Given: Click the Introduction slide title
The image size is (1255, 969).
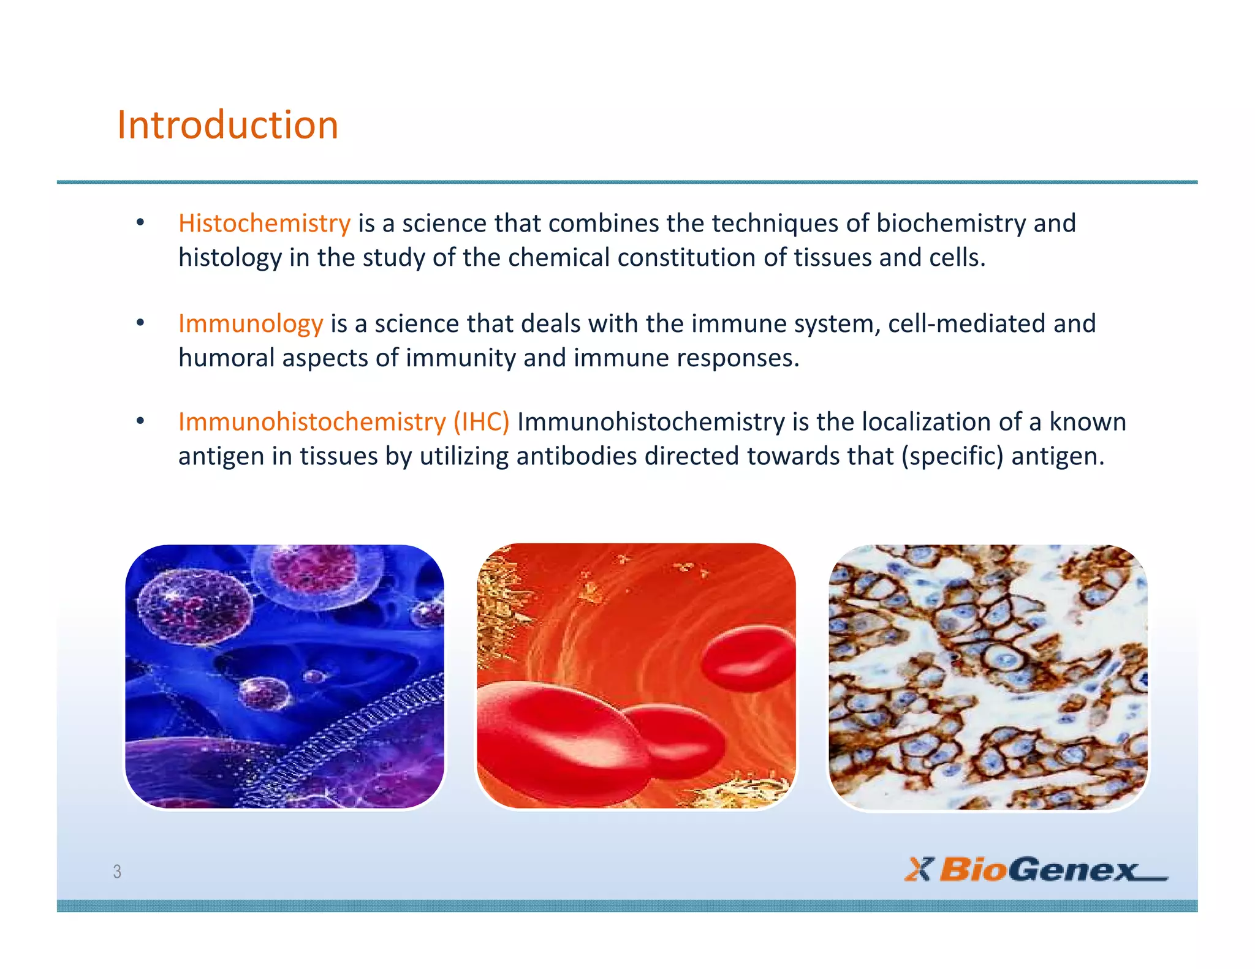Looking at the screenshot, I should pyautogui.click(x=227, y=125).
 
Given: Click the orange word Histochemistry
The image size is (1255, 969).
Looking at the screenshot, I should pyautogui.click(x=264, y=223).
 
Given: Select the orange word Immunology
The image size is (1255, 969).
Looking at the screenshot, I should pyautogui.click(x=250, y=323).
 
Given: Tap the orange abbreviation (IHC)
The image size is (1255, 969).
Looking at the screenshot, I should pyautogui.click(x=481, y=422).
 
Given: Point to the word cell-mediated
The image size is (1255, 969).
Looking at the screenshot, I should pyautogui.click(x=966, y=323).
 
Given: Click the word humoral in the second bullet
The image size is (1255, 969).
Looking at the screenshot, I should pyautogui.click(x=226, y=358).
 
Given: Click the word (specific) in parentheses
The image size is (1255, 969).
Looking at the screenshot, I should pyautogui.click(x=952, y=456).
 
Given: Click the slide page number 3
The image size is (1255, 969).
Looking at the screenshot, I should pyautogui.click(x=117, y=871).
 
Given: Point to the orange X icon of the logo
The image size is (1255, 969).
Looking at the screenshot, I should pyautogui.click(x=917, y=869).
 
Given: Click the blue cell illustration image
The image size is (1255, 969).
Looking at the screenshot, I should pyautogui.click(x=284, y=676).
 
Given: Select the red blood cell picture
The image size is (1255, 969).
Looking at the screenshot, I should pyautogui.click(x=636, y=676).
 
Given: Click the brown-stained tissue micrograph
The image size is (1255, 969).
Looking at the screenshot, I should pyautogui.click(x=987, y=676).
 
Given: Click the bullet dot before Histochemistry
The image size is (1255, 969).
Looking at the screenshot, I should pyautogui.click(x=140, y=222).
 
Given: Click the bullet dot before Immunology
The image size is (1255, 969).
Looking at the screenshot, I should pyautogui.click(x=140, y=323).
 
